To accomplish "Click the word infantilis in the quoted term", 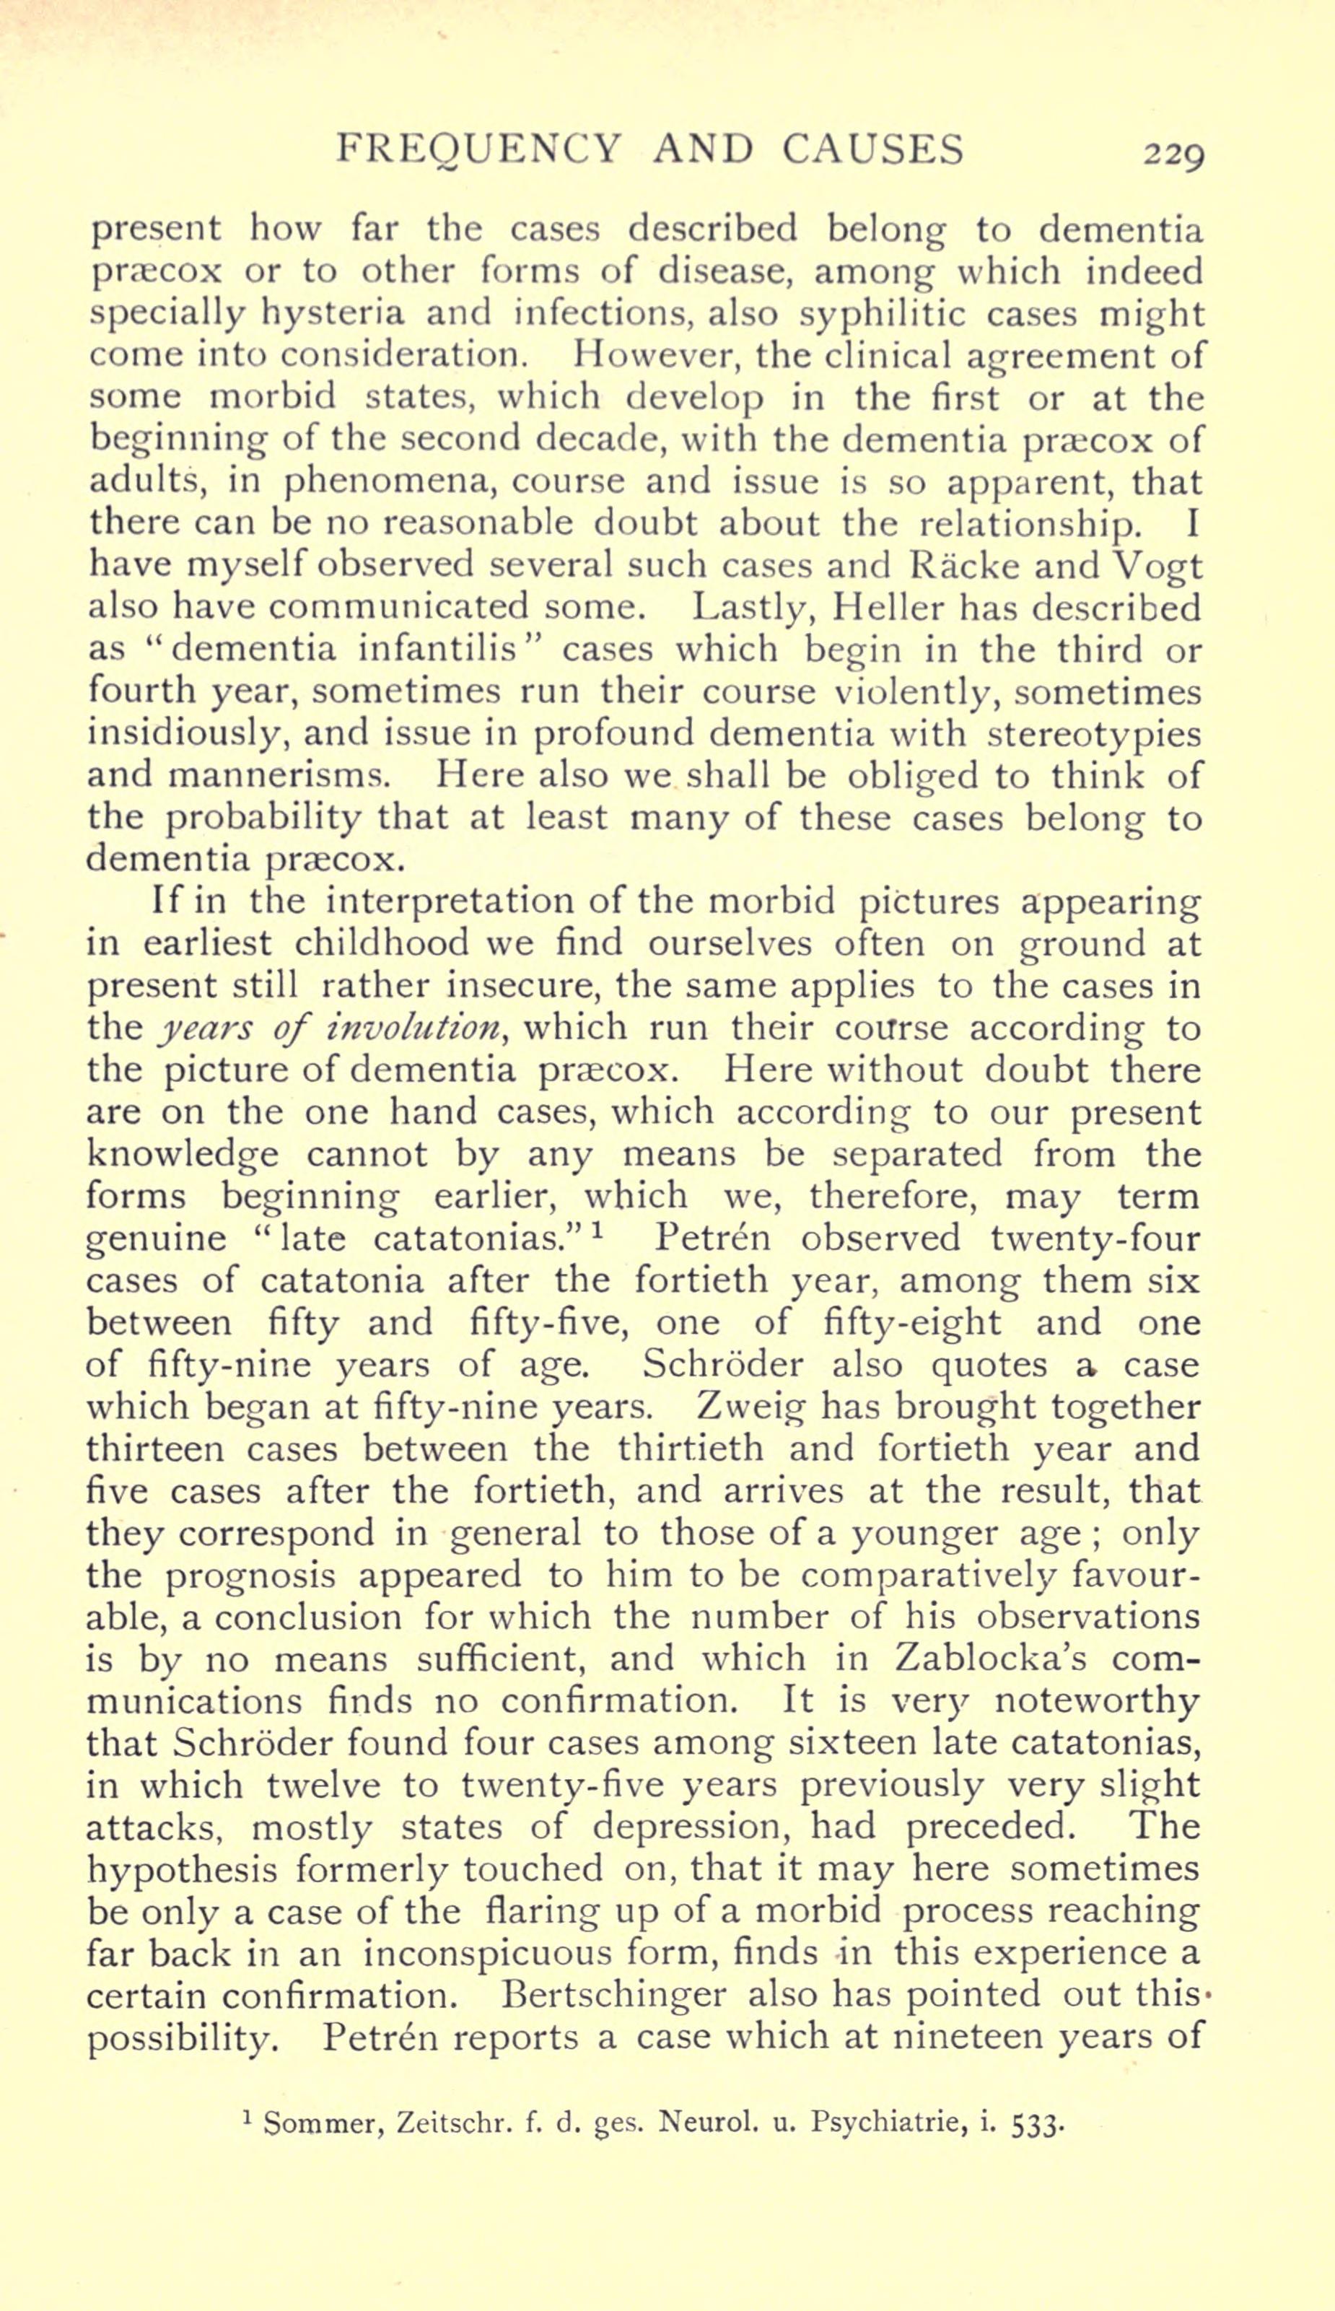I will tap(440, 650).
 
